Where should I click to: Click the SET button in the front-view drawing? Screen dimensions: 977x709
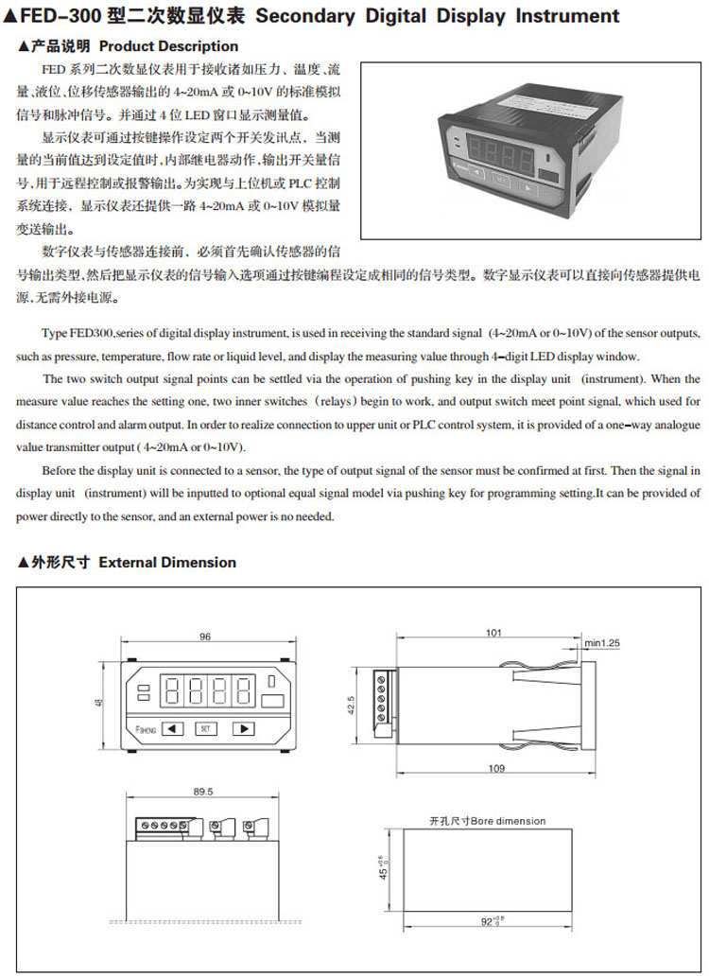[206, 728]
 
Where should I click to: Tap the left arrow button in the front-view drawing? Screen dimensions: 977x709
[171, 728]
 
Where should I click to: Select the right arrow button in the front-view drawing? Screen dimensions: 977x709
[243, 728]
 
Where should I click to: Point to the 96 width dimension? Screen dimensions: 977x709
[205, 637]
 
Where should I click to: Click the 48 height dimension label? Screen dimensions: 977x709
[99, 704]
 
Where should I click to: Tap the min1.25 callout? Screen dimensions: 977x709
[602, 643]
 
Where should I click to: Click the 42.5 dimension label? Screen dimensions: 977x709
[353, 706]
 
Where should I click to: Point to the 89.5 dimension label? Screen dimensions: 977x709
[202, 792]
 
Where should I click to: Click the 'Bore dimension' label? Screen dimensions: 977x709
[508, 821]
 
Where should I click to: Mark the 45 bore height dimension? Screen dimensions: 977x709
[382, 867]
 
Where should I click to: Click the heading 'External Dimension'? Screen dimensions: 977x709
[167, 562]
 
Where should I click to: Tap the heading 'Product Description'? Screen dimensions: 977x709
[168, 45]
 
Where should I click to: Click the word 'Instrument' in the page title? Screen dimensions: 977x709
[567, 16]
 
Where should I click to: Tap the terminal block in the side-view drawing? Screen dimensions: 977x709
[382, 698]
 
